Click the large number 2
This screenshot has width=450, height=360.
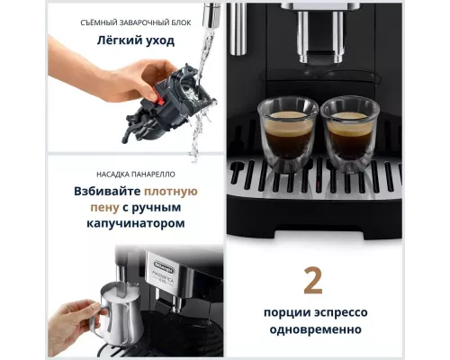[x=314, y=280]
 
